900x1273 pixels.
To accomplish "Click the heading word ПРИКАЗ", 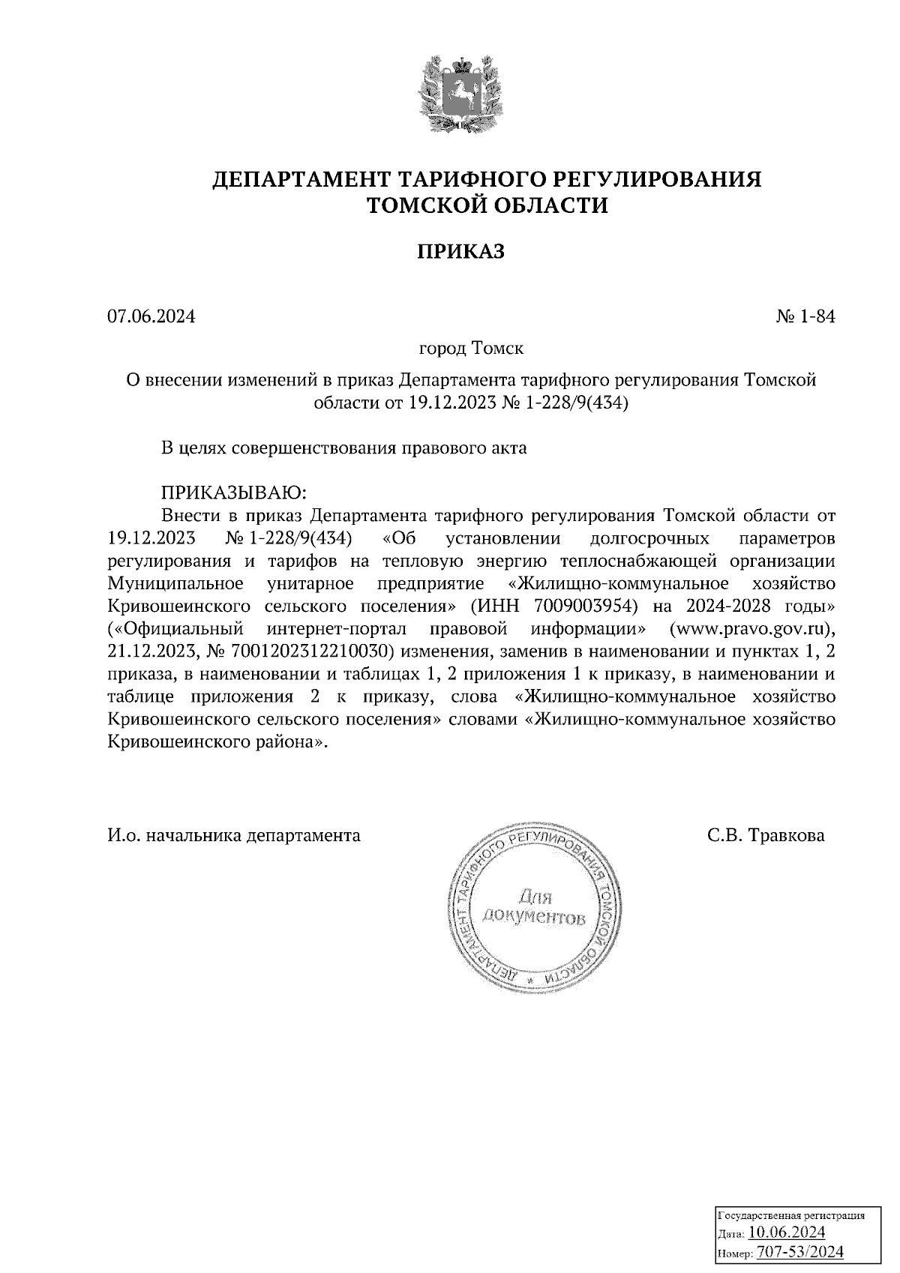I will pos(460,252).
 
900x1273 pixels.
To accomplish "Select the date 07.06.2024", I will pos(151,317).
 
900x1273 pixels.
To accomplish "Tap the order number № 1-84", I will pos(805,317).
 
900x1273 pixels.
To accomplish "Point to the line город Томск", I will pos(470,349).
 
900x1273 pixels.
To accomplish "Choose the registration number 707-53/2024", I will pos(799,1252).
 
